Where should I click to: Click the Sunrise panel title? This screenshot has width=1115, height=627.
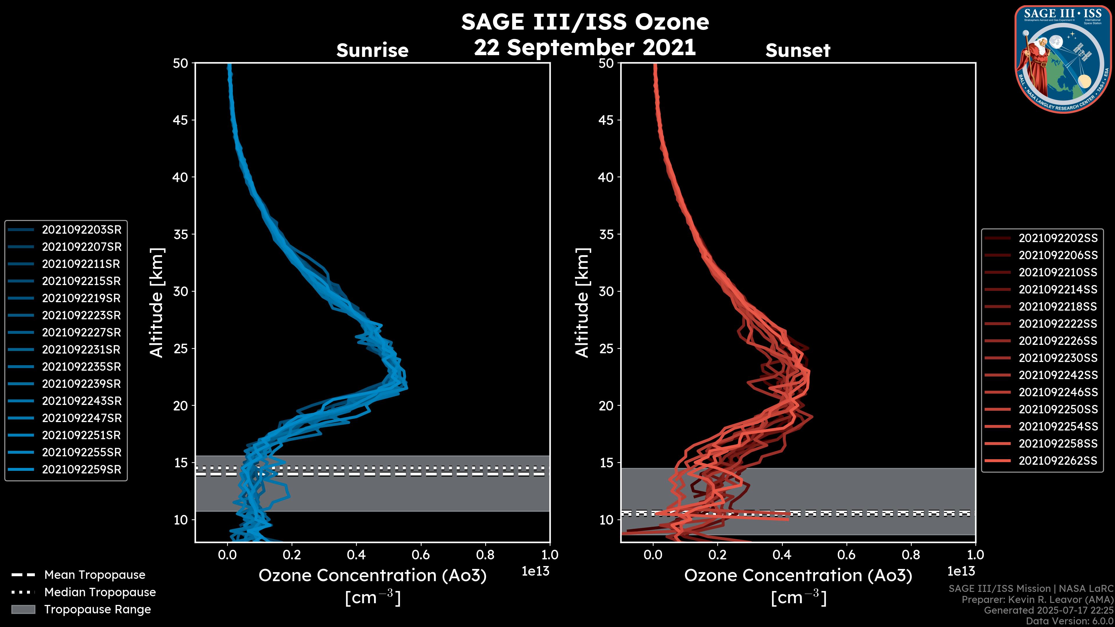tap(372, 50)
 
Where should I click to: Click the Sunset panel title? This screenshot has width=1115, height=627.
tap(798, 50)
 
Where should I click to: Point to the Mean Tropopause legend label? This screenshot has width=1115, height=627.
tap(95, 575)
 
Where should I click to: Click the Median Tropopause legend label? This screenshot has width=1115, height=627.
tap(100, 592)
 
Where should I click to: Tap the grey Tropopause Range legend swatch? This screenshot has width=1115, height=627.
tap(23, 609)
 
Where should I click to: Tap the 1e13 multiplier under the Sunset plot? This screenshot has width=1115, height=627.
tap(961, 571)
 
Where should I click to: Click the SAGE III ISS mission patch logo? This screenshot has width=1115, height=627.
tap(1063, 59)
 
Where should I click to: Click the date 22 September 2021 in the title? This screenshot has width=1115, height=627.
tap(585, 47)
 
